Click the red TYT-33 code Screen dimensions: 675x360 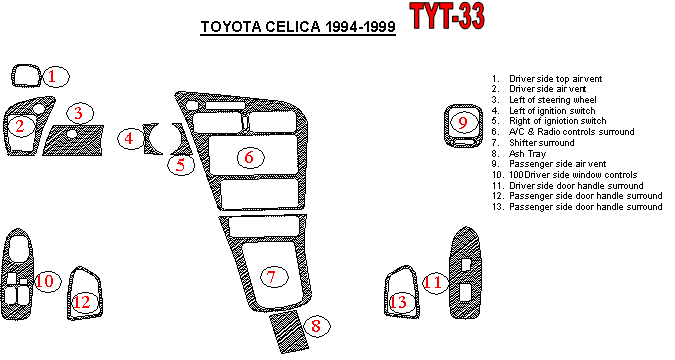(448, 16)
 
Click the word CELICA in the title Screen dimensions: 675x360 (293, 27)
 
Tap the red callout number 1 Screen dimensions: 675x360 (53, 77)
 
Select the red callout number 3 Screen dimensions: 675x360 (78, 113)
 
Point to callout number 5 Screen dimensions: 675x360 (180, 165)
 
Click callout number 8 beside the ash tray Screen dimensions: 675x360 (316, 326)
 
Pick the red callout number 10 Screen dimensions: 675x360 (45, 281)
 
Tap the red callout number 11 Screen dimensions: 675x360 (433, 283)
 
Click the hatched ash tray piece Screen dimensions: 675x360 (289, 331)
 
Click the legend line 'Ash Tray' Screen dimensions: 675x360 (527, 154)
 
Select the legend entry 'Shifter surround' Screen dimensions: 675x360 (542, 143)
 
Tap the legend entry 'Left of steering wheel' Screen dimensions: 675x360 (553, 100)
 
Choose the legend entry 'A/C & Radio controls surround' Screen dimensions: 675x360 (572, 132)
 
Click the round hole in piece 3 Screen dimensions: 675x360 (72, 134)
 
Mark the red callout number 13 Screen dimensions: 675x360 (398, 301)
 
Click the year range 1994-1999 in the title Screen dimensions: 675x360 (360, 27)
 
